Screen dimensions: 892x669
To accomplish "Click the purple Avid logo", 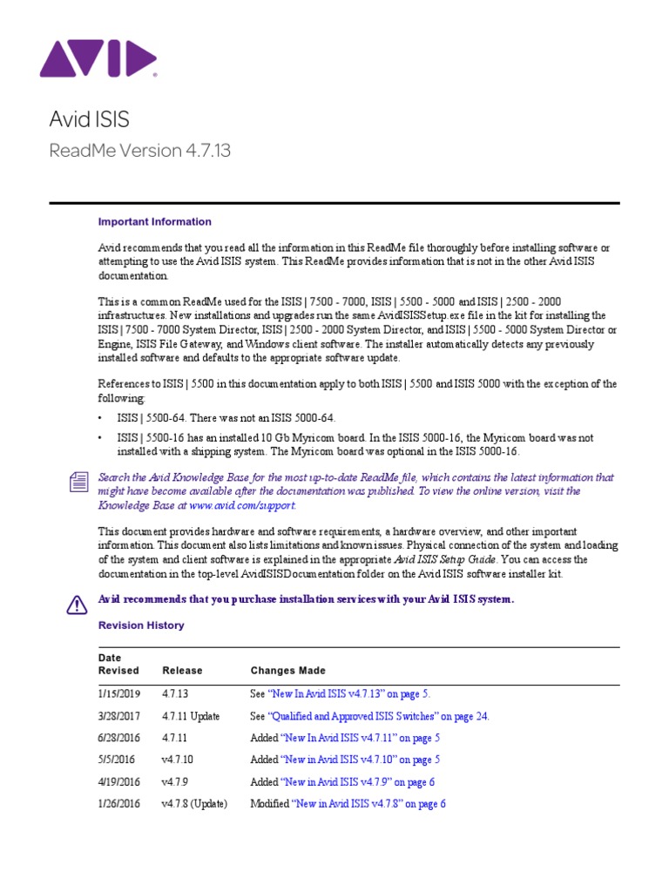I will [x=98, y=59].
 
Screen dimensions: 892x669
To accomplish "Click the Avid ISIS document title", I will [x=89, y=118].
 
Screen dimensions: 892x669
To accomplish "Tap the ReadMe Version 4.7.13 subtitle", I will [x=139, y=151].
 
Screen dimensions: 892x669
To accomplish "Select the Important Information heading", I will [x=154, y=222].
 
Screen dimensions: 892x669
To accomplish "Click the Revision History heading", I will [x=141, y=625].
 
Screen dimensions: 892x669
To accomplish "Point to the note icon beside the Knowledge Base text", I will [x=78, y=481].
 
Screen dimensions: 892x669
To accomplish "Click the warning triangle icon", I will [x=77, y=603].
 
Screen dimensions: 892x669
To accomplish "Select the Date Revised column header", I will [x=118, y=665].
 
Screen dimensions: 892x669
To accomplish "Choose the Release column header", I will [x=182, y=671].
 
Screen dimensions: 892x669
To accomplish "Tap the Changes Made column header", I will [x=287, y=671].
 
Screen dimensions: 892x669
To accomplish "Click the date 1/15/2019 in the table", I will [x=119, y=694].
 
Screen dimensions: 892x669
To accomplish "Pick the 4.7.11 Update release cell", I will [x=191, y=717].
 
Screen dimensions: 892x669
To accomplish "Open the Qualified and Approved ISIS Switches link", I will [x=379, y=717].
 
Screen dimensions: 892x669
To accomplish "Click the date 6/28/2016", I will [x=119, y=739].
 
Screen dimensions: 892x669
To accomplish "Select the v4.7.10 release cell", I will [x=178, y=760].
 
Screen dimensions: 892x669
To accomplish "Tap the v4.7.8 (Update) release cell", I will [x=194, y=804].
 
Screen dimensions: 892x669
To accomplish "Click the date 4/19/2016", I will [x=119, y=782].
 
